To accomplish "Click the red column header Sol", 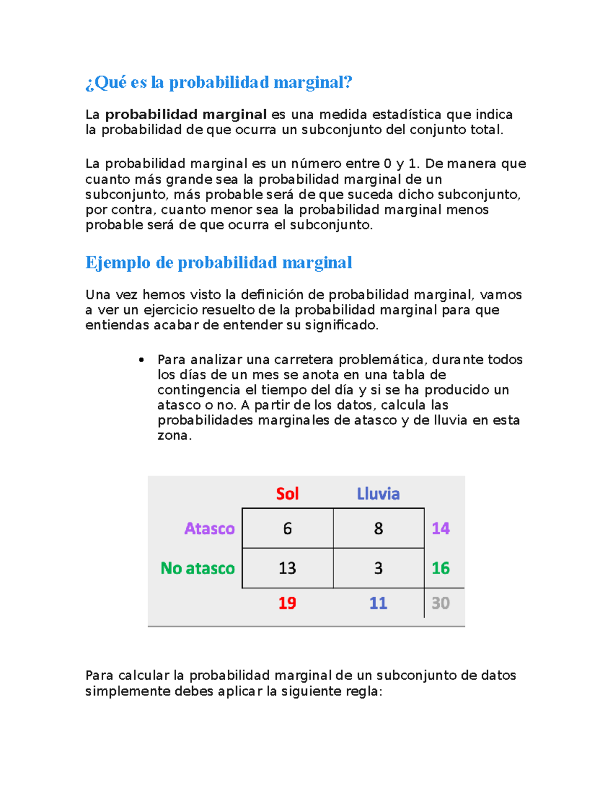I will [x=287, y=494].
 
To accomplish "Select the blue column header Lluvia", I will [x=378, y=494].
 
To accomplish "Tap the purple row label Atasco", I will [x=209, y=528].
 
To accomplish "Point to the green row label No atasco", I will [x=198, y=568].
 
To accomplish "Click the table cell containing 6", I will [x=288, y=528].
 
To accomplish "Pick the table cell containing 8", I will [x=379, y=528].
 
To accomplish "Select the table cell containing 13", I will [x=288, y=568].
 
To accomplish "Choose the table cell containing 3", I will [x=379, y=568].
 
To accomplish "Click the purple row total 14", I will [x=440, y=528].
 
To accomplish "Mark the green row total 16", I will [x=440, y=568].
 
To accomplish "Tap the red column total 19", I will [x=287, y=603].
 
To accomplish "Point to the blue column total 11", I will [x=378, y=603].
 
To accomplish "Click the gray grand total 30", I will [x=440, y=603].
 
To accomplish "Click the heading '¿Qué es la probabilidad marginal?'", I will [x=219, y=82].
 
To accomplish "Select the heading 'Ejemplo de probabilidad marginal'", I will [x=219, y=262].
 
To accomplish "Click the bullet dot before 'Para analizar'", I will [x=142, y=360].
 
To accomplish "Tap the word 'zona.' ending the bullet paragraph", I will [x=174, y=436].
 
